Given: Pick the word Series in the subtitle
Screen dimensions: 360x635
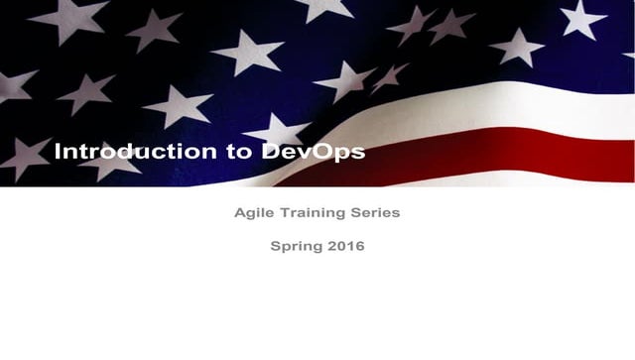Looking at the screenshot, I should coord(375,212).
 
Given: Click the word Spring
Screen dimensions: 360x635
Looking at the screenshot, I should coord(294,246).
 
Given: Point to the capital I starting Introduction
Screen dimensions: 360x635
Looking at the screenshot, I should coord(58,152).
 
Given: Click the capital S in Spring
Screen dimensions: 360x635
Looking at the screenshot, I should coord(276,246).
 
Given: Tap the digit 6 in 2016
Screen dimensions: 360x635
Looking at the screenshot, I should coord(359,246).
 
